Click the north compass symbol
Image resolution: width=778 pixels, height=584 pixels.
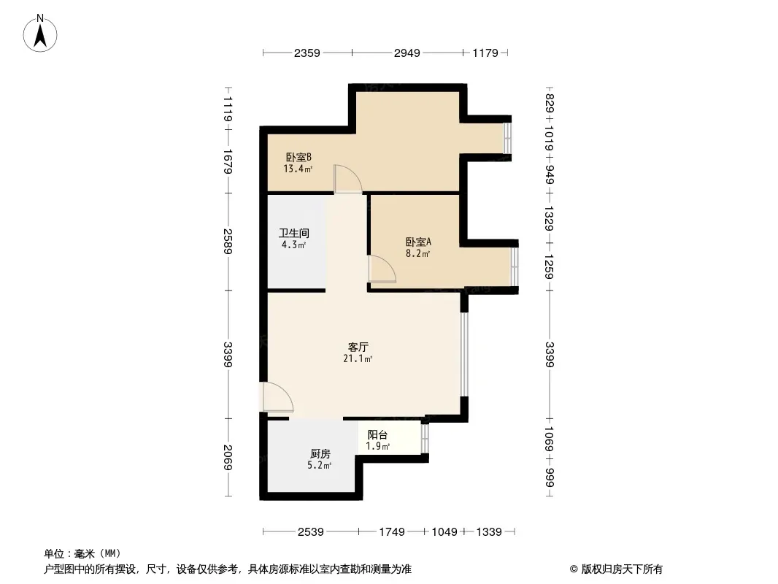[41, 32]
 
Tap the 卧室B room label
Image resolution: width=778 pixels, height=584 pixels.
[299, 157]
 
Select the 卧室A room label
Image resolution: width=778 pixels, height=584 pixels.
[418, 242]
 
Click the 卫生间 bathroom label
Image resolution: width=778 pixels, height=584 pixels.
[294, 234]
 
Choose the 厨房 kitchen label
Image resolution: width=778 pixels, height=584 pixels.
[320, 453]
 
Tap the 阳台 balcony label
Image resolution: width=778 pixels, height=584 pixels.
[377, 434]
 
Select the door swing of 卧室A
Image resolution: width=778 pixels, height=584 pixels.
[382, 269]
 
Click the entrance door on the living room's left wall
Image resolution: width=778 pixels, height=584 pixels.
[277, 398]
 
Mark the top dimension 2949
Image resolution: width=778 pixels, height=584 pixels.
[407, 53]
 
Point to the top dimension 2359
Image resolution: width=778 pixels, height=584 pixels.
[307, 53]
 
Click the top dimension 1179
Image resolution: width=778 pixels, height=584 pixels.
[485, 53]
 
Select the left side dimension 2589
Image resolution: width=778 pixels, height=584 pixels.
[228, 241]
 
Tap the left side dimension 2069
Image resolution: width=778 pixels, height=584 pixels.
[228, 458]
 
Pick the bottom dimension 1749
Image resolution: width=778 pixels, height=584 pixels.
[391, 532]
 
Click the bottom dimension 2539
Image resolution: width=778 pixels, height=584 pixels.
[310, 532]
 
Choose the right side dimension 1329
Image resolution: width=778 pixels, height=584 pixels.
[550, 218]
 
